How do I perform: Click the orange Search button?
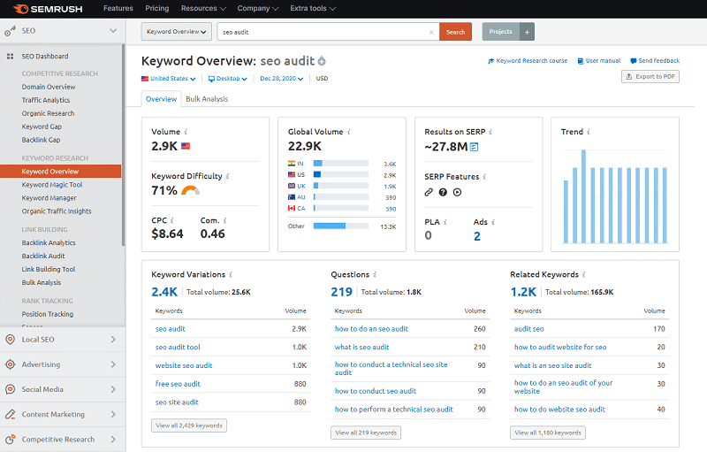coord(455,32)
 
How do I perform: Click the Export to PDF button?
coord(650,77)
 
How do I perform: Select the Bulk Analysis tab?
coord(206,99)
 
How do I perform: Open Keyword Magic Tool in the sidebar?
coord(52,185)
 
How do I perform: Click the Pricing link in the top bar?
coord(156,8)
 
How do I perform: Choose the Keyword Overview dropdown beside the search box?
coord(177,32)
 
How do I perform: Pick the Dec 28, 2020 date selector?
coord(282,79)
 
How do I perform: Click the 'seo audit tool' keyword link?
coord(178,348)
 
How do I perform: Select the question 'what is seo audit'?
coord(361,348)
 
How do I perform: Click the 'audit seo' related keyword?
coord(528,329)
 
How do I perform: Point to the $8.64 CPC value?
coord(168,234)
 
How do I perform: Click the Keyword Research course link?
coord(528,61)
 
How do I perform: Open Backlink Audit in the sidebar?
coord(43,256)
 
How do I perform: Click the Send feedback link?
coord(655,61)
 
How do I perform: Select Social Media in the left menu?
coord(42,389)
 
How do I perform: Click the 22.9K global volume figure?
coord(304,147)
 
